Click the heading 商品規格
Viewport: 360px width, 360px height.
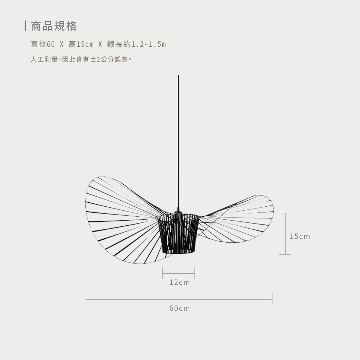(x=54, y=26)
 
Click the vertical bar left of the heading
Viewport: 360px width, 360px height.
(x=26, y=26)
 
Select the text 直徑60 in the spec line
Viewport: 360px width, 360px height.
(x=42, y=44)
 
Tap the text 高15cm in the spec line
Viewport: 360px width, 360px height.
(x=81, y=44)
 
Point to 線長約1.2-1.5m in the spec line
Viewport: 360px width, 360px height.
(x=136, y=44)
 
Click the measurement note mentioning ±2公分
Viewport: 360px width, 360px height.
(x=81, y=59)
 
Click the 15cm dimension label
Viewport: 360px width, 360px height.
(x=300, y=236)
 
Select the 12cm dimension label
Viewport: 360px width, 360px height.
(x=179, y=282)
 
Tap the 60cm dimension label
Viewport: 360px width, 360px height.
(x=179, y=308)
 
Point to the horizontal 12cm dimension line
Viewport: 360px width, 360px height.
(x=179, y=273)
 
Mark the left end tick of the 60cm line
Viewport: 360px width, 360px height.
(x=86, y=299)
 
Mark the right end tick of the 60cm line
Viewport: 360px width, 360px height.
(x=272, y=299)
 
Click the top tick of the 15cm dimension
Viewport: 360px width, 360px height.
(x=285, y=213)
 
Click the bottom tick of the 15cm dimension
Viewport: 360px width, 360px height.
(x=285, y=255)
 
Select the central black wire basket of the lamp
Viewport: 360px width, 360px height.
(x=179, y=234)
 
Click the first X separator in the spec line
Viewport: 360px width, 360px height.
(x=62, y=44)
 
